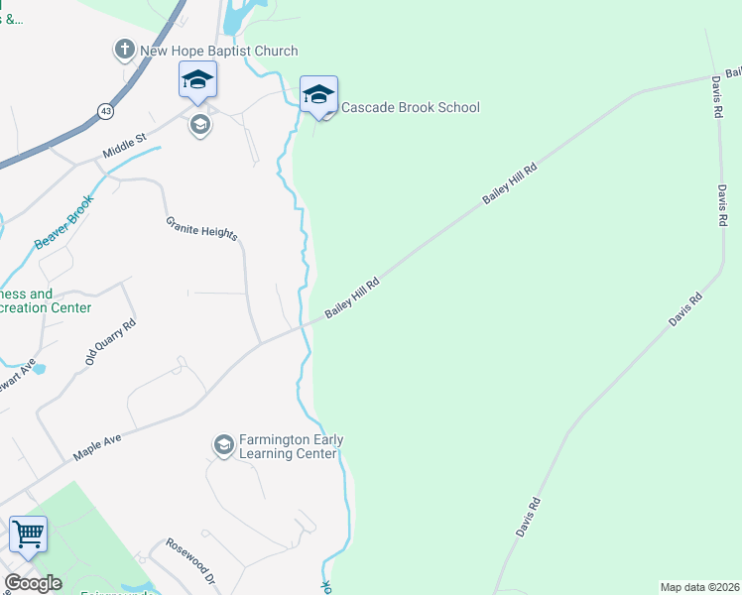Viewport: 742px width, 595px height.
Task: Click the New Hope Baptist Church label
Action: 218,51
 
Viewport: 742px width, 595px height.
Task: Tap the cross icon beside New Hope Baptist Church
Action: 124,50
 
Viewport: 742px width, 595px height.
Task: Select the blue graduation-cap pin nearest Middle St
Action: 197,81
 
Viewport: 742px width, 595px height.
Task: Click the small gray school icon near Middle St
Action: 199,125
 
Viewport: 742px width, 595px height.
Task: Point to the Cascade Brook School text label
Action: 410,107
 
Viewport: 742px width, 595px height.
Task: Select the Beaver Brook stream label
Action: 64,221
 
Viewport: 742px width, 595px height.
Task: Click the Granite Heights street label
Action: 201,227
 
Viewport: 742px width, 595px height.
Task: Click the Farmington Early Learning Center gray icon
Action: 224,446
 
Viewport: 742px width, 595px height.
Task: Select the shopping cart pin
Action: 28,535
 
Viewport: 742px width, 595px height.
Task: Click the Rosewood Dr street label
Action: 189,559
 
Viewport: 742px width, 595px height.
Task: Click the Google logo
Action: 33,583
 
